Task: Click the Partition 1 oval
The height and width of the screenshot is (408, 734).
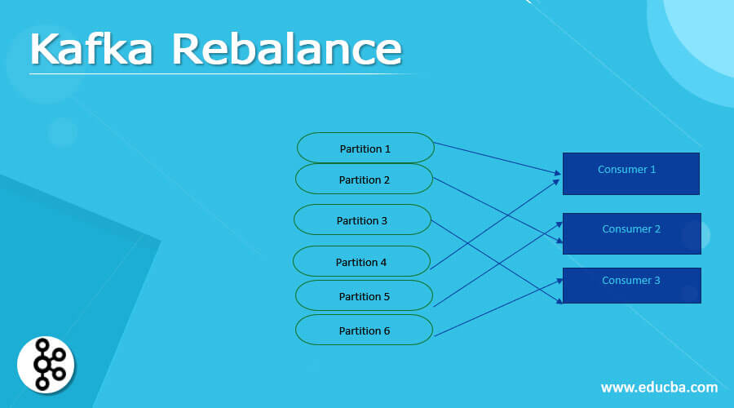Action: pos(365,149)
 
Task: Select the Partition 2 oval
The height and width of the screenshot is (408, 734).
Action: pos(364,180)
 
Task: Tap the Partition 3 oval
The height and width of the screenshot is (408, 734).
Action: pos(362,220)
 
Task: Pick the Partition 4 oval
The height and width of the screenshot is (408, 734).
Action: pos(361,262)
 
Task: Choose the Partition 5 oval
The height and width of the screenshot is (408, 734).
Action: pos(364,296)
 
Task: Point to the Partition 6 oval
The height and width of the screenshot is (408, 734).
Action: pos(364,330)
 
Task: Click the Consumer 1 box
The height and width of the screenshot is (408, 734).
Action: pos(630,174)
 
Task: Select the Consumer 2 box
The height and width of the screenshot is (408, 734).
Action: pos(630,234)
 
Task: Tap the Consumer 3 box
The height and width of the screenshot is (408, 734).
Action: pos(630,286)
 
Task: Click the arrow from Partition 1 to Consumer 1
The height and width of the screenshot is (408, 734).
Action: pos(497,158)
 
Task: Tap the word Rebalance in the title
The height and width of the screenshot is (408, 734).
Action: pos(286,51)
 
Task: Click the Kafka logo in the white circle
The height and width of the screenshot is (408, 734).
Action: pos(46,363)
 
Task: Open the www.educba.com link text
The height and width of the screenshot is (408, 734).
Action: pos(659,387)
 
